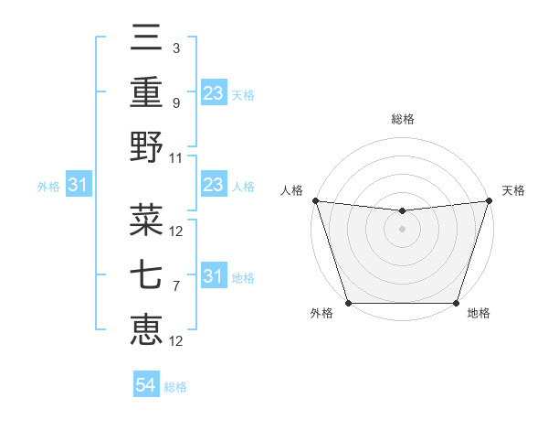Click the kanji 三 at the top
click(147, 40)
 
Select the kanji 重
click(147, 93)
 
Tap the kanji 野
click(147, 146)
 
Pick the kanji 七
click(147, 276)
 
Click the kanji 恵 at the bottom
click(147, 329)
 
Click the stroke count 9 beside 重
click(175, 103)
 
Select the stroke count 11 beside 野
click(176, 157)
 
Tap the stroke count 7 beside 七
click(175, 286)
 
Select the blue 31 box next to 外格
click(79, 186)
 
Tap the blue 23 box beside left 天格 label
click(214, 93)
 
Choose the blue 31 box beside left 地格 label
click(214, 276)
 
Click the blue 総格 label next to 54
click(175, 387)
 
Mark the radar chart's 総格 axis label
click(402, 119)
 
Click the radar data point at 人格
click(315, 200)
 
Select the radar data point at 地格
click(456, 303)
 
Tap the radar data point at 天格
click(489, 200)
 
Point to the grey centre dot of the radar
click(402, 229)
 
